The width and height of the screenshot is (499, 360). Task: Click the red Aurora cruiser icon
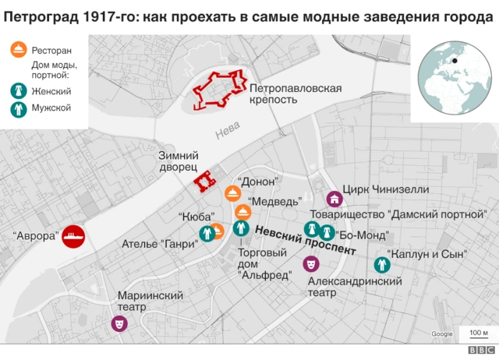75,236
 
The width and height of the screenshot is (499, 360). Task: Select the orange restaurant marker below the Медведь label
242,212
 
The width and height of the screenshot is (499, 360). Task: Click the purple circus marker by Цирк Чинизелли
333,198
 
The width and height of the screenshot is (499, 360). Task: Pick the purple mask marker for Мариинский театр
119,321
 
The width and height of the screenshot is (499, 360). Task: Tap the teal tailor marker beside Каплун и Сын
381,265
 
